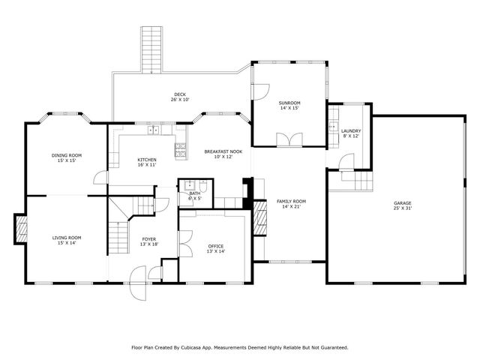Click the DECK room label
click(x=178, y=94)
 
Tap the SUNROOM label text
click(x=289, y=103)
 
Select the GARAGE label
click(x=403, y=203)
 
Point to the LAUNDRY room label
click(x=351, y=131)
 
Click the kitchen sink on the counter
click(x=154, y=130)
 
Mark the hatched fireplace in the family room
click(x=259, y=222)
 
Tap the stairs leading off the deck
click(x=151, y=50)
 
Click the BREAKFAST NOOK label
click(x=223, y=151)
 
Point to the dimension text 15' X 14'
click(x=67, y=243)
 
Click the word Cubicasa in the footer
click(x=199, y=347)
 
